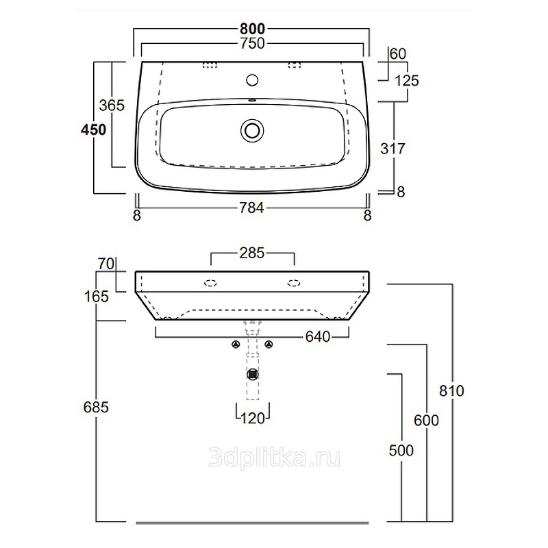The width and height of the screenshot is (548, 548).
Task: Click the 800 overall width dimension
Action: [252, 29]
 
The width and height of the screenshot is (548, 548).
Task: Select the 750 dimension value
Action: [252, 44]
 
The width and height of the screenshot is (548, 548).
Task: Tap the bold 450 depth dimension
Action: [93, 130]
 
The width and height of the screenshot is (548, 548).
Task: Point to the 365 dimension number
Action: [112, 105]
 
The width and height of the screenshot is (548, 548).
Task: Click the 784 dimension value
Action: [251, 208]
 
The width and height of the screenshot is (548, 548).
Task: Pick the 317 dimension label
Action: [393, 149]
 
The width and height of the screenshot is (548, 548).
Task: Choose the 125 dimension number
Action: [407, 81]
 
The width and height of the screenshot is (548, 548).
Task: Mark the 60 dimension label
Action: [398, 54]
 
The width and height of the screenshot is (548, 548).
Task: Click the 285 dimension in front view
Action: [252, 253]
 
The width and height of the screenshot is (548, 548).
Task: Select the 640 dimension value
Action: [318, 337]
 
